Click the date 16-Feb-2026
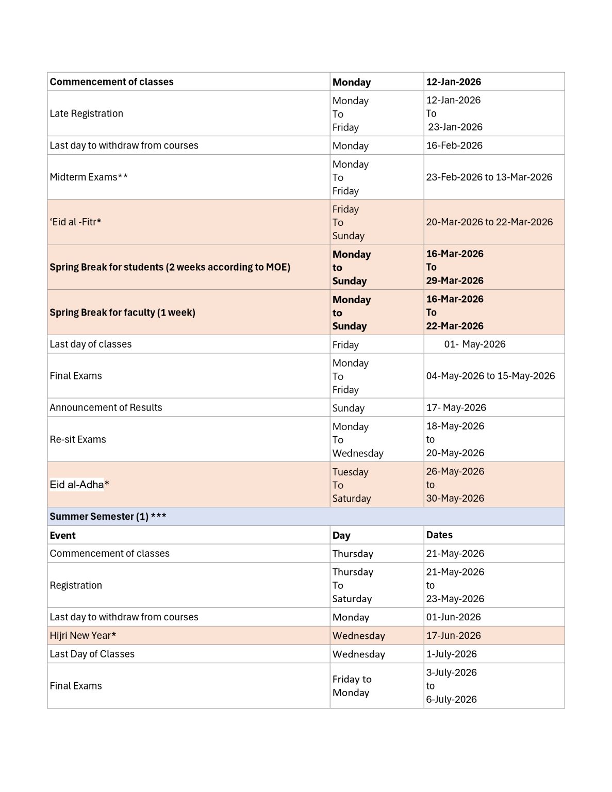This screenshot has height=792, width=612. pyautogui.click(x=454, y=145)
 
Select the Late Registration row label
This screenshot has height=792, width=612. pyautogui.click(x=86, y=113)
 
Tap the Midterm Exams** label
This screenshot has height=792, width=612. pyautogui.click(x=89, y=177)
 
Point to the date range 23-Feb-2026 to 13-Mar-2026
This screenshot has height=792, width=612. pyautogui.click(x=489, y=177)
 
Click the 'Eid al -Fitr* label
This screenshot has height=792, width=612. pyautogui.click(x=75, y=222)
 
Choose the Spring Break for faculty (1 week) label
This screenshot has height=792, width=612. pyautogui.click(x=122, y=312)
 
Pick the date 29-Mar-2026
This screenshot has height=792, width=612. pyautogui.click(x=455, y=280)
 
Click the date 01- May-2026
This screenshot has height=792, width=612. pyautogui.click(x=475, y=344)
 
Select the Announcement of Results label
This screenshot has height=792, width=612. pyautogui.click(x=106, y=407)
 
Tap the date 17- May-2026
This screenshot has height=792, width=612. pyautogui.click(x=456, y=407)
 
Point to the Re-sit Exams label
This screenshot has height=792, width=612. pyautogui.click(x=78, y=439)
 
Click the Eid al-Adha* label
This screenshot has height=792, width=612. pyautogui.click(x=79, y=484)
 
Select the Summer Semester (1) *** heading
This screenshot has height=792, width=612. pyautogui.click(x=108, y=516)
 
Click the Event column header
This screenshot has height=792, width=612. pyautogui.click(x=62, y=535)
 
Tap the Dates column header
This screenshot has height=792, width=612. pyautogui.click(x=439, y=535)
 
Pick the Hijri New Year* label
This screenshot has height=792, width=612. pyautogui.click(x=82, y=635)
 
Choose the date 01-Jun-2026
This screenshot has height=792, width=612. pyautogui.click(x=453, y=617)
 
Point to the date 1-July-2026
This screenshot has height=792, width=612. pyautogui.click(x=451, y=654)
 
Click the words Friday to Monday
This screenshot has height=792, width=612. pyautogui.click(x=352, y=686)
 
